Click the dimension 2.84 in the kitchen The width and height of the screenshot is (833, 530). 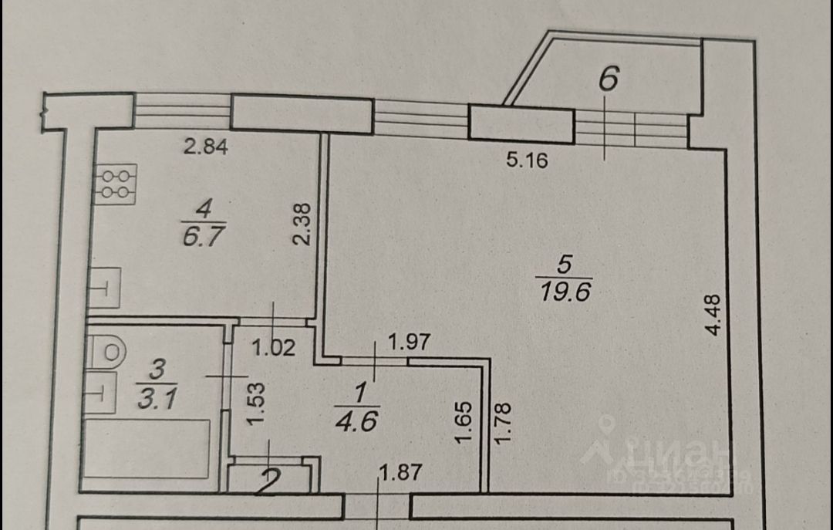[205, 147]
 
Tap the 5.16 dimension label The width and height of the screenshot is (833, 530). [527, 161]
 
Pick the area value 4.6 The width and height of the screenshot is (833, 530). [357, 422]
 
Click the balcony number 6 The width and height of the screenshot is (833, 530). [609, 79]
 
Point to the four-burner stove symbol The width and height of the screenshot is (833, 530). [115, 184]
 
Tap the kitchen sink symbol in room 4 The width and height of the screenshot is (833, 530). [103, 288]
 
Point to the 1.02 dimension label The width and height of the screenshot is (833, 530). [275, 348]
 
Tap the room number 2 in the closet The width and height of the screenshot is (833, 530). [268, 482]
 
